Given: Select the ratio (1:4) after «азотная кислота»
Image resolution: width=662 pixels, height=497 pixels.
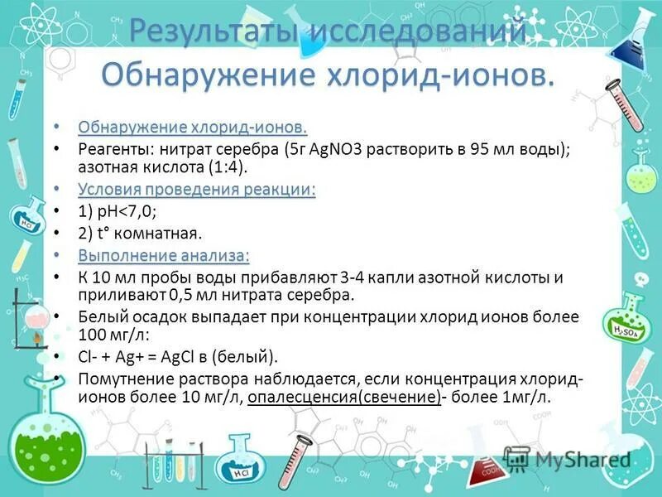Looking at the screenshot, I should pos(229,168).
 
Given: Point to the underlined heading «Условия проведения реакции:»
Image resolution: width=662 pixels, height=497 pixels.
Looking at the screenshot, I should pos(197,190).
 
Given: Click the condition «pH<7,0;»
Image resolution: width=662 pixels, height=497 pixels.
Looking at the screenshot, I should pos(121,211).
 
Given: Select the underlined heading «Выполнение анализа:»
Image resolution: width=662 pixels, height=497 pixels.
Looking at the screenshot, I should pos(164,254).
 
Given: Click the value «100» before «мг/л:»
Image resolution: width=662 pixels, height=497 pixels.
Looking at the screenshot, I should pos(94,335).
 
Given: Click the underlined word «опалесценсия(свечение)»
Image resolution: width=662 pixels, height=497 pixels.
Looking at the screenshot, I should pos(343,397).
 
